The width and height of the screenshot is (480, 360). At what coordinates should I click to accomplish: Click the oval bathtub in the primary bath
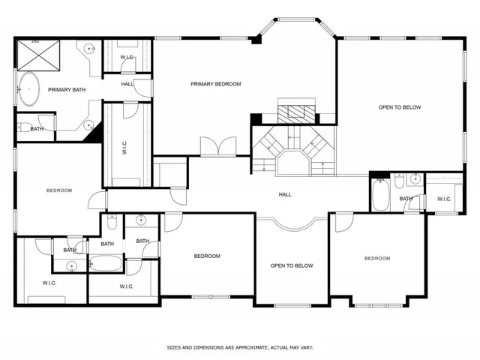(x=30, y=89)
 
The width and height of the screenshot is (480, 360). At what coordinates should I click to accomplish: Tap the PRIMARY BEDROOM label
(x=215, y=84)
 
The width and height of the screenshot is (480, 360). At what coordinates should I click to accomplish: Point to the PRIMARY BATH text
(x=65, y=90)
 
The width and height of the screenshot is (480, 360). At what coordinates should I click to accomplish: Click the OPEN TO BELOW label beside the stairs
(x=399, y=107)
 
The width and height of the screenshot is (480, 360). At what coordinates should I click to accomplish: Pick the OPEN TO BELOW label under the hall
(x=292, y=265)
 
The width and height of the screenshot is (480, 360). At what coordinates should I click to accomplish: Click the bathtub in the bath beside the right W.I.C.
(x=379, y=195)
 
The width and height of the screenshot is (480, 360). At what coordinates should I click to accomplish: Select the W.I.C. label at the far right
(x=443, y=199)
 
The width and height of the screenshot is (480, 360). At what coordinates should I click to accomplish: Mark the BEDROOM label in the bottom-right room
(x=377, y=259)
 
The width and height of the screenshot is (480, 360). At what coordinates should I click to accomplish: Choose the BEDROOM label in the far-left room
(x=58, y=190)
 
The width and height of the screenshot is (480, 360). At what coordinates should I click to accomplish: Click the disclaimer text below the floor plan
(x=239, y=347)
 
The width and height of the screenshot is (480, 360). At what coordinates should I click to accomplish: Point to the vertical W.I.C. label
(x=124, y=147)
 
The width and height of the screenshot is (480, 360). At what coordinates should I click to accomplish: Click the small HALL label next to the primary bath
(x=127, y=84)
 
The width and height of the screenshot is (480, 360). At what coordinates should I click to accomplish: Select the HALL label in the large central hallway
(x=285, y=194)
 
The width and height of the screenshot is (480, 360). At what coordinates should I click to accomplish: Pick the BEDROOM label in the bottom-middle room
(x=207, y=256)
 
